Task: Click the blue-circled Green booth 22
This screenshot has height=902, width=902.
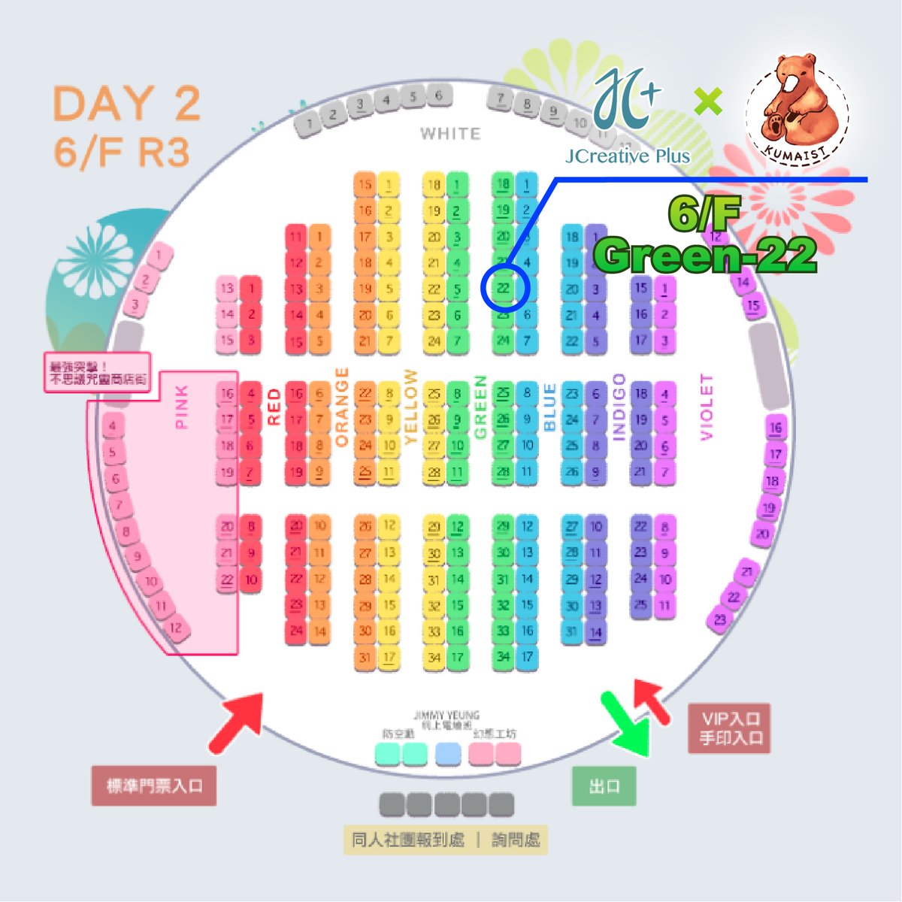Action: [x=504, y=289]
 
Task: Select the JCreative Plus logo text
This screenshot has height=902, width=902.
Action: [x=628, y=156]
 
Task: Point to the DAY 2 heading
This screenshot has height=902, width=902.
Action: [x=127, y=104]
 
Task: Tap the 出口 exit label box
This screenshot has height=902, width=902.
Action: [x=604, y=786]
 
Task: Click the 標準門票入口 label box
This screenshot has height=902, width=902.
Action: [x=154, y=786]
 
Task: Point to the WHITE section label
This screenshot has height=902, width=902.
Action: [x=449, y=134]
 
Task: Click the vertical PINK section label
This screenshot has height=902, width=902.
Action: [x=182, y=407]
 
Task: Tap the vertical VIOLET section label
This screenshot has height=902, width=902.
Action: [x=707, y=407]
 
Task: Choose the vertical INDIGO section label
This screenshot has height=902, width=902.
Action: [x=619, y=407]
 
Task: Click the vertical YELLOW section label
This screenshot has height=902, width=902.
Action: [x=410, y=407]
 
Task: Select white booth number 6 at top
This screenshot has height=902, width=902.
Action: [x=439, y=95]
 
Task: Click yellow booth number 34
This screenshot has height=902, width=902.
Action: [x=434, y=657]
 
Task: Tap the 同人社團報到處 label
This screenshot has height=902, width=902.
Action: [x=409, y=840]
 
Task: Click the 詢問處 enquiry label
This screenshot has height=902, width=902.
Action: [x=516, y=840]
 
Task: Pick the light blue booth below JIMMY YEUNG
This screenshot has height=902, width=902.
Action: [x=449, y=753]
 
